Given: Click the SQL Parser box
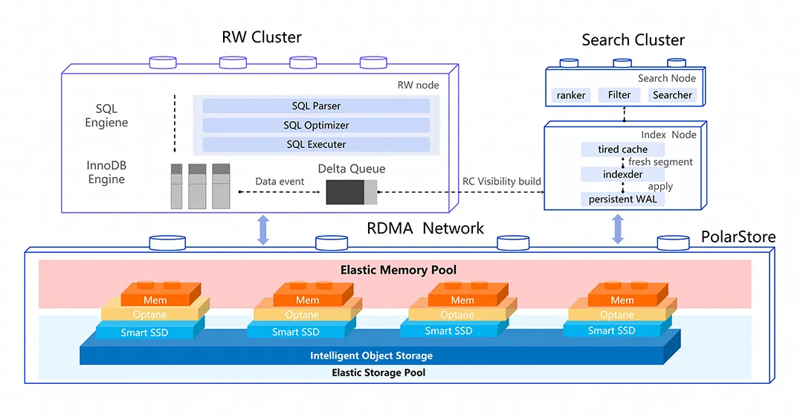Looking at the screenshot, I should [x=316, y=106].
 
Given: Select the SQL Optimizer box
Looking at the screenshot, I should [x=316, y=126].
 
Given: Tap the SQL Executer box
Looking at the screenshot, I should [x=316, y=144].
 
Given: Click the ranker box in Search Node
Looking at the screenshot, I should [x=571, y=95].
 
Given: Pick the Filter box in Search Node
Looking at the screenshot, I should [x=619, y=95].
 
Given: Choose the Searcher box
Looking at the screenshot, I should [x=671, y=95].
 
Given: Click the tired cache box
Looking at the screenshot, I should [x=622, y=149].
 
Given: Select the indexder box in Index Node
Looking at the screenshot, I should [x=622, y=174].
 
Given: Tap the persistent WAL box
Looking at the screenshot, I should [x=622, y=199].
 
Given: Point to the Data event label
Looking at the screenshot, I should [x=280, y=181].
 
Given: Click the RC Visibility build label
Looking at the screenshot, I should [x=501, y=181].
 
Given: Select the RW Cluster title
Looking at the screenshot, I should [x=262, y=37].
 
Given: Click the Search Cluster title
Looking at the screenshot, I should [x=633, y=40].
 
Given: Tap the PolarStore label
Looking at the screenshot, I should [x=738, y=237].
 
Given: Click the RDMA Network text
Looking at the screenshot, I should [x=425, y=228].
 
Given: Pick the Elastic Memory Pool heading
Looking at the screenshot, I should [x=398, y=270].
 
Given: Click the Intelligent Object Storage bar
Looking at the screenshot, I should [x=371, y=356].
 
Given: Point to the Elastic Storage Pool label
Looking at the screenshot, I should [x=378, y=373].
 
